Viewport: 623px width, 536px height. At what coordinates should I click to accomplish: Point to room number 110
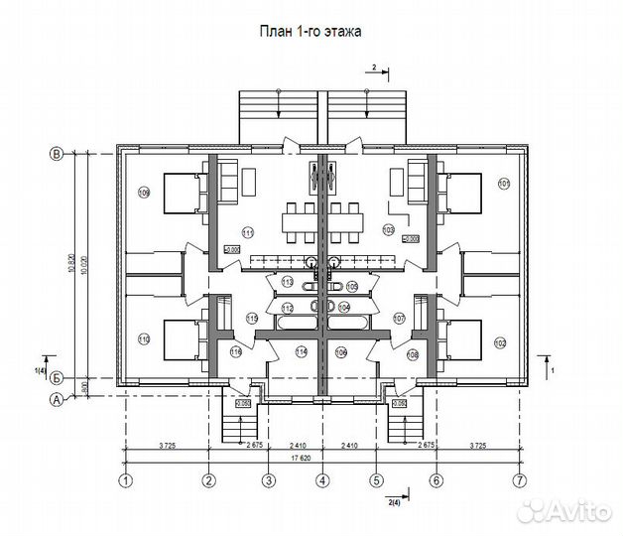pyautogui.click(x=144, y=339)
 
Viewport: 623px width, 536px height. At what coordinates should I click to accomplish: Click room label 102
pyautogui.click(x=499, y=342)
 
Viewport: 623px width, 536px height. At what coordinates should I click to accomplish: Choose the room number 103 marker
pyautogui.click(x=388, y=228)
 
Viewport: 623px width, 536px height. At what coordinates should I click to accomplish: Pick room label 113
pyautogui.click(x=287, y=283)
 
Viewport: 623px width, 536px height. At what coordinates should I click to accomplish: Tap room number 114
pyautogui.click(x=301, y=352)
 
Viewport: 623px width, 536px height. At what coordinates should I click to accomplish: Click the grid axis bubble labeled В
pyautogui.click(x=57, y=154)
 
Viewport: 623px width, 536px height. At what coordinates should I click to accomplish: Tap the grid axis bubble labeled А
pyautogui.click(x=57, y=400)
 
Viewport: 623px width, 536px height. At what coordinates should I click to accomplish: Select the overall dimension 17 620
pyautogui.click(x=319, y=459)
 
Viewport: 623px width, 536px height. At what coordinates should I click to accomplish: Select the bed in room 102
pyautogui.click(x=461, y=339)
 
